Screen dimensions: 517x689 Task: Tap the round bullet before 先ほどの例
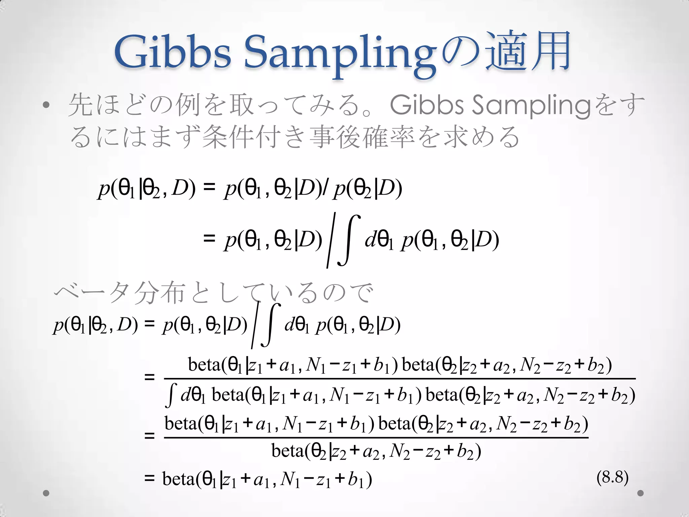(46, 106)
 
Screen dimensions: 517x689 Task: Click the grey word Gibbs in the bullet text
(427, 105)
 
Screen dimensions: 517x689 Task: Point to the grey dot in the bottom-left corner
(46, 493)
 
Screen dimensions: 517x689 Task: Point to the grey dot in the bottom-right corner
(641, 493)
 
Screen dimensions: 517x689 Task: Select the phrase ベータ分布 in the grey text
(119, 292)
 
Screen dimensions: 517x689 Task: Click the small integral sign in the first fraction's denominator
(171, 395)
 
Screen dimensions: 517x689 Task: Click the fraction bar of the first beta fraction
(400, 379)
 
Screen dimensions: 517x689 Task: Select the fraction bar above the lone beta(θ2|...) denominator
(376, 438)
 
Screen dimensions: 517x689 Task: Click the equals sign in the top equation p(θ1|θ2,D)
(209, 187)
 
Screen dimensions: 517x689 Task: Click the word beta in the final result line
(178, 479)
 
